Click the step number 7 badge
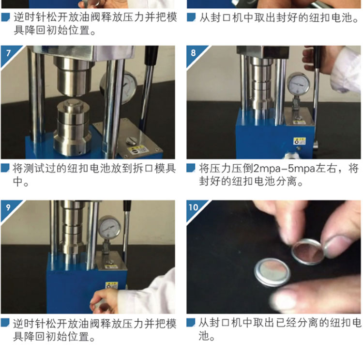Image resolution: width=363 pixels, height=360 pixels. (x=9, y=53)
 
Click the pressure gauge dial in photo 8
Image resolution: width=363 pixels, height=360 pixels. (x=299, y=84)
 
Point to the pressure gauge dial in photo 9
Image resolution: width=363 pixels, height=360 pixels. (x=109, y=227)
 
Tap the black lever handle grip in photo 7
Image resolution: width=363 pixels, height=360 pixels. (x=151, y=55)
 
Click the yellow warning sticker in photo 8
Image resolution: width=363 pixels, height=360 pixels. (x=299, y=141)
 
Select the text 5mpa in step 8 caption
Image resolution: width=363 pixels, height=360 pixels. (x=302, y=169)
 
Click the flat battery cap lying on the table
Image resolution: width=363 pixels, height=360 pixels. (x=272, y=272)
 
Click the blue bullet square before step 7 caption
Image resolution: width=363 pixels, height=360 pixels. (x=5, y=168)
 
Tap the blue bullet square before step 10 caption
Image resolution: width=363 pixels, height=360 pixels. (x=191, y=322)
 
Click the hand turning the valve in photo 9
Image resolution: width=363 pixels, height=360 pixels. (x=104, y=301)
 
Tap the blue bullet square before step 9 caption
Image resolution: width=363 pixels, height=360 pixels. (x=5, y=322)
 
